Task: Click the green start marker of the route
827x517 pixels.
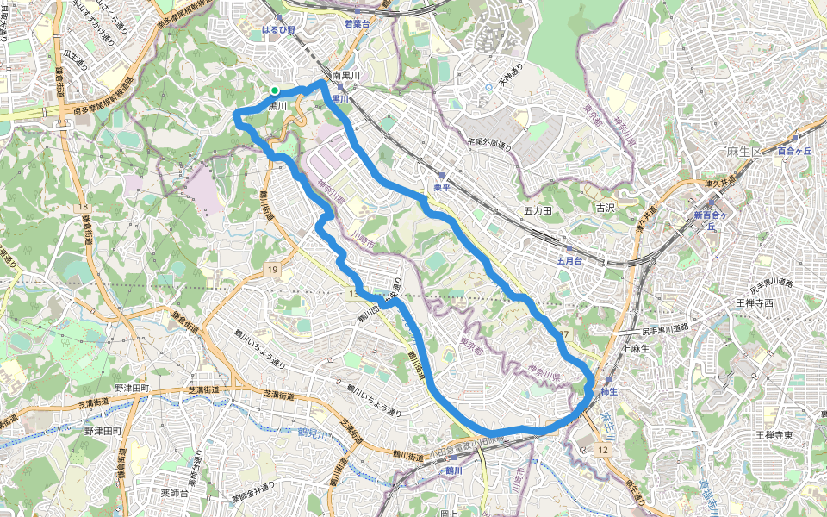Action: [x=274, y=90]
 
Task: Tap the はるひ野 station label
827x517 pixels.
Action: [x=279, y=28]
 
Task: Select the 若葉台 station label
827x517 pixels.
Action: [x=356, y=25]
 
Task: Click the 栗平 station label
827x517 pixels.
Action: [x=442, y=186]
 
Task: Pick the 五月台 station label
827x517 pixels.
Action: [x=570, y=260]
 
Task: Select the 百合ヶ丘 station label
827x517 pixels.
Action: [x=794, y=152]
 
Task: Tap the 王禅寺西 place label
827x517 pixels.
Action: [x=755, y=303]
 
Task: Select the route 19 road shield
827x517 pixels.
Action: [x=272, y=271]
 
